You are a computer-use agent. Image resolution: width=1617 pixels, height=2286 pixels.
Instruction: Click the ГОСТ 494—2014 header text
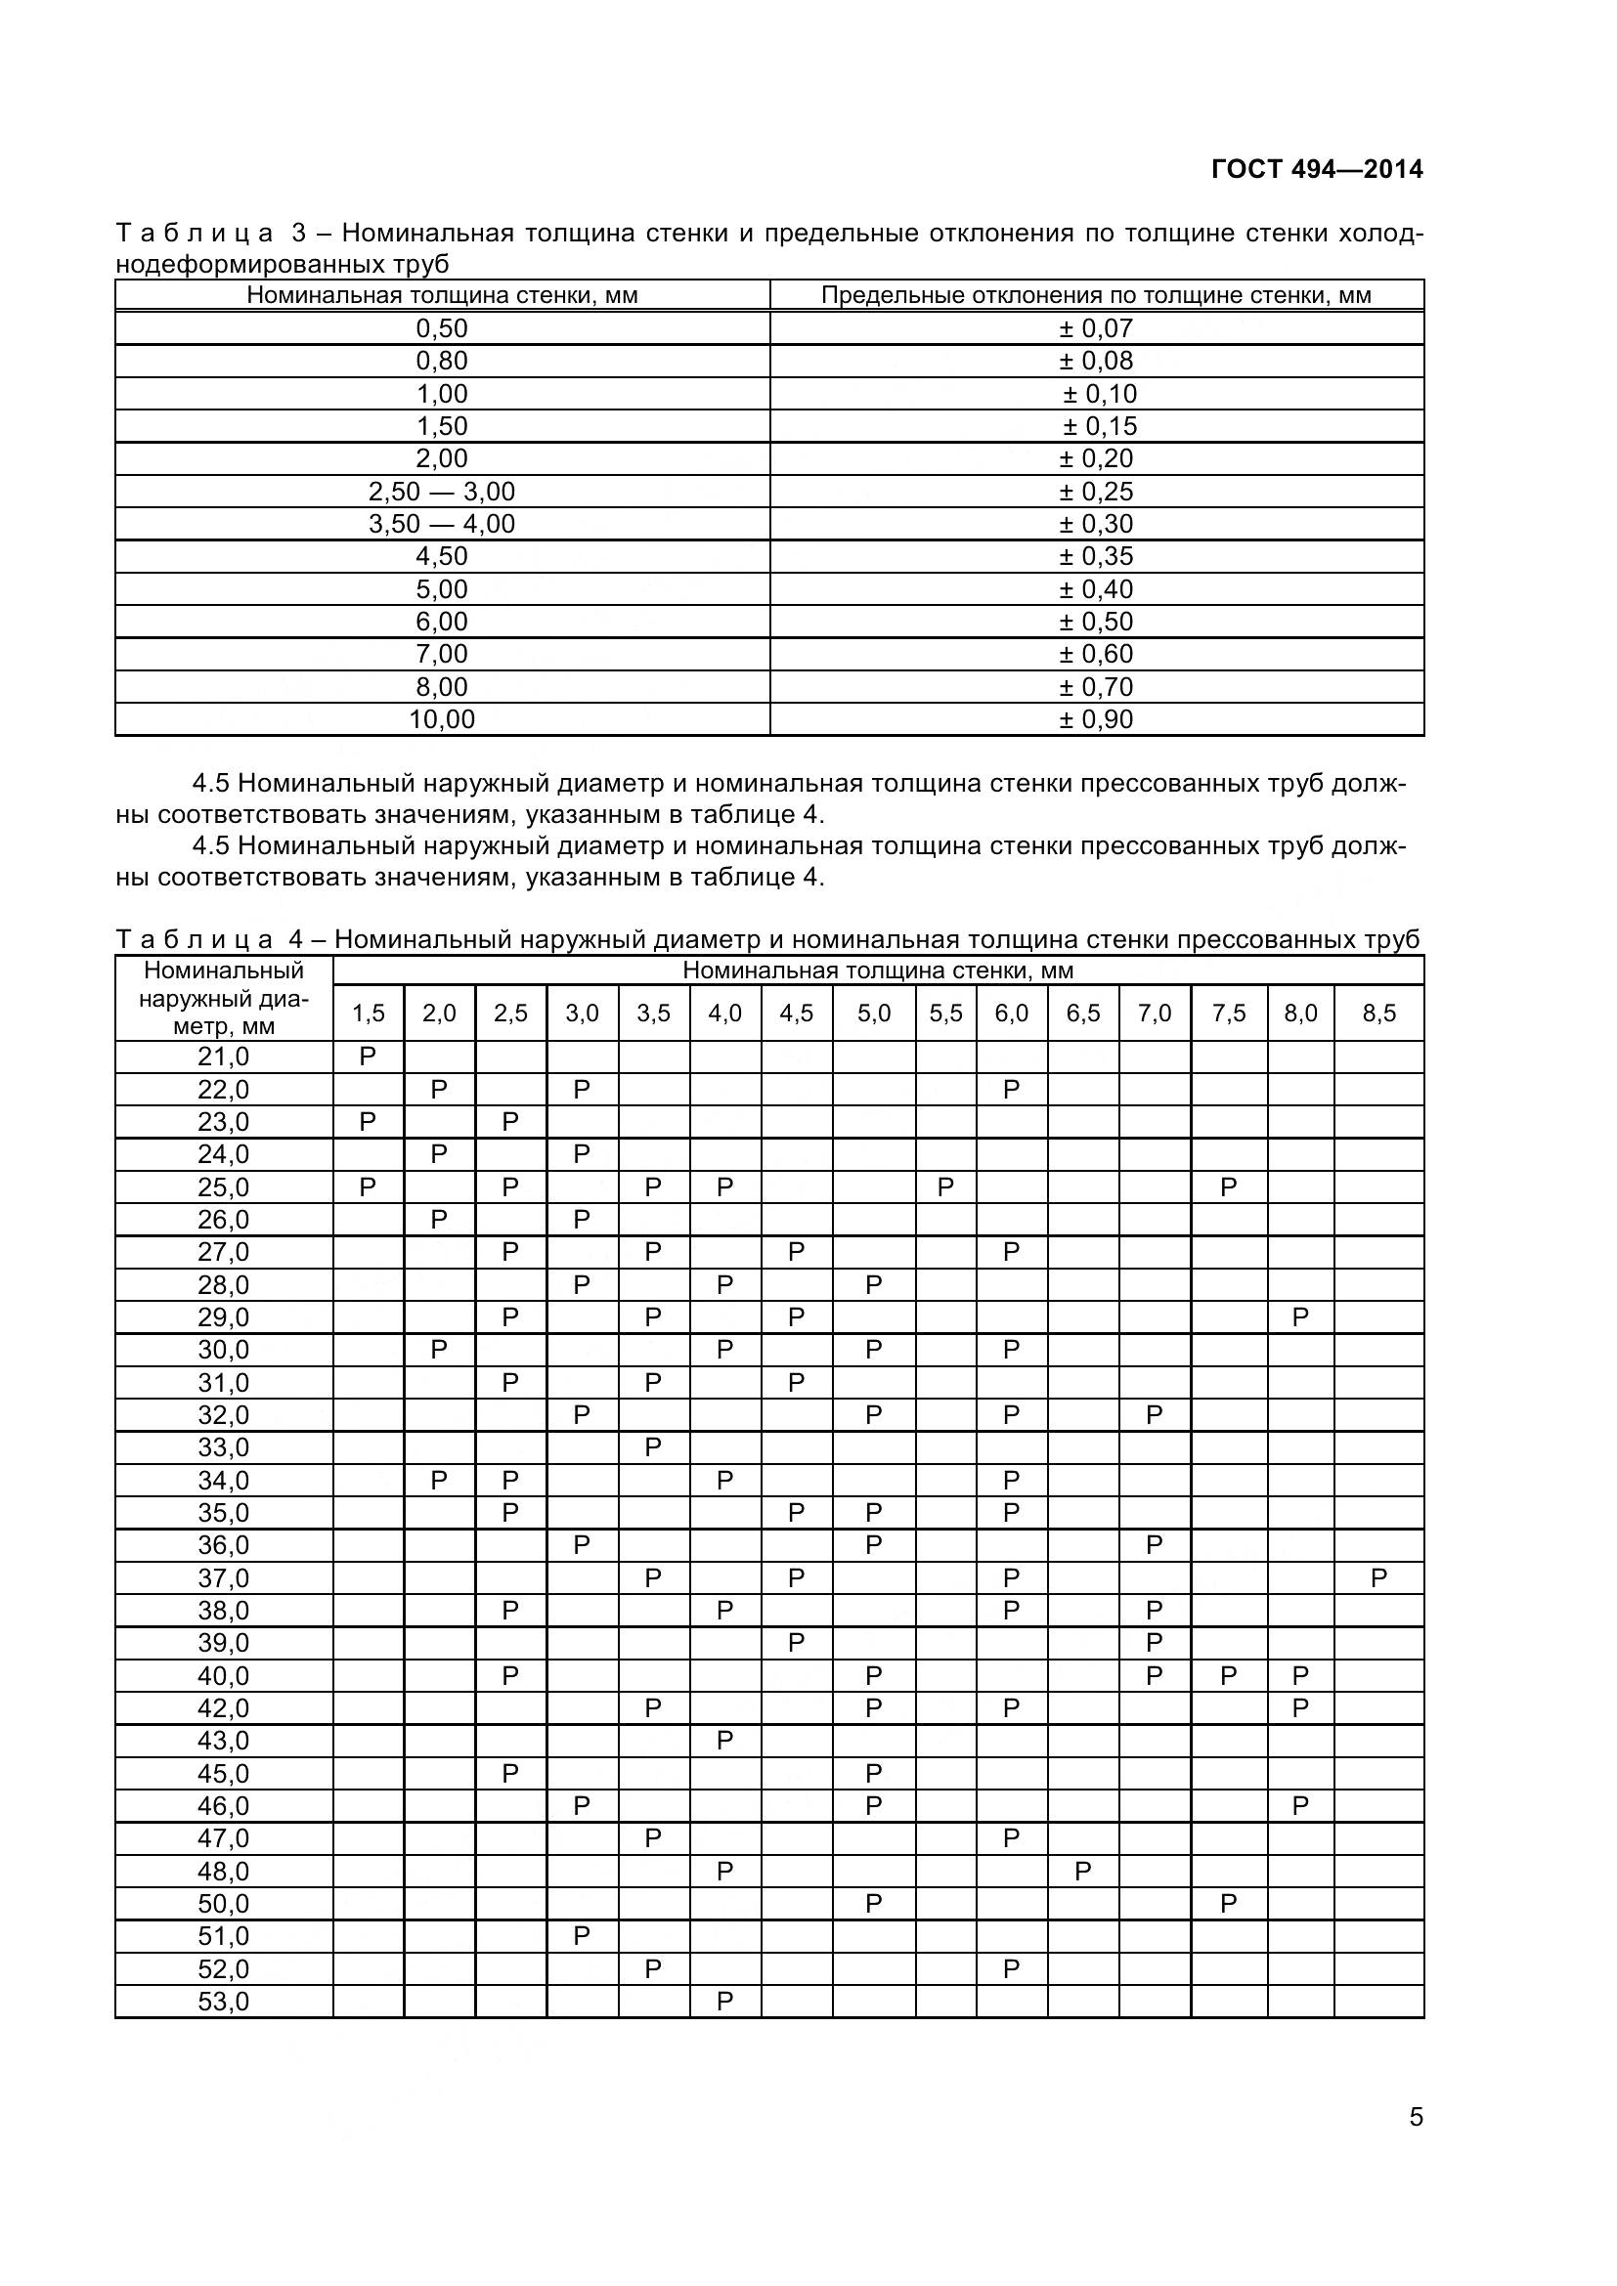pyautogui.click(x=1316, y=169)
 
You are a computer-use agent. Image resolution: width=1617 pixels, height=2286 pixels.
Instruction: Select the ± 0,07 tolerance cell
pyautogui.click(x=1095, y=328)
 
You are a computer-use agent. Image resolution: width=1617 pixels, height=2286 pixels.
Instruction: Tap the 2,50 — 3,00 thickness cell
pyautogui.click(x=441, y=492)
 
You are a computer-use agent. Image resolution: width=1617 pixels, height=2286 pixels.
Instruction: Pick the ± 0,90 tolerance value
pyautogui.click(x=1095, y=720)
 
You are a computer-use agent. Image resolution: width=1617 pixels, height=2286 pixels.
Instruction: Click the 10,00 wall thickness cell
pyautogui.click(x=441, y=720)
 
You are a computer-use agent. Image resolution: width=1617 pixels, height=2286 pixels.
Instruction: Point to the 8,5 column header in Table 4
pyautogui.click(x=1378, y=1014)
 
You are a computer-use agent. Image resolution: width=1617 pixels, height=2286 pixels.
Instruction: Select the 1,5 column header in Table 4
pyautogui.click(x=368, y=1014)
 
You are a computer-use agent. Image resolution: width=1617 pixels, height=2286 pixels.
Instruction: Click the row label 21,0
pyautogui.click(x=223, y=1057)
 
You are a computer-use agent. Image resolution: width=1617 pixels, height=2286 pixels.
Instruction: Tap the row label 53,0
pyautogui.click(x=223, y=2003)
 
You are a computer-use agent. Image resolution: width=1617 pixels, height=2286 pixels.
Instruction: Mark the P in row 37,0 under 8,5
pyautogui.click(x=1378, y=1578)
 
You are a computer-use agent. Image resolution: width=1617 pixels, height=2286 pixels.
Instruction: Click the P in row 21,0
pyautogui.click(x=368, y=1057)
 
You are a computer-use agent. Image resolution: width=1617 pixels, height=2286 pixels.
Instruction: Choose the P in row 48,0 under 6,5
pyautogui.click(x=1082, y=1872)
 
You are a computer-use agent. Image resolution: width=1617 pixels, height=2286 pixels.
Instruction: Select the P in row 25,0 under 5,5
pyautogui.click(x=945, y=1186)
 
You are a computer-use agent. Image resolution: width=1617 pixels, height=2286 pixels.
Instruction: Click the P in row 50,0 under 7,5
pyautogui.click(x=1228, y=1905)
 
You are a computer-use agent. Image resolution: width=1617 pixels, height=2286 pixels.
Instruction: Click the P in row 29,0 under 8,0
pyautogui.click(x=1299, y=1318)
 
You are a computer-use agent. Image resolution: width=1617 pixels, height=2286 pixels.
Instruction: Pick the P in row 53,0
pyautogui.click(x=723, y=2003)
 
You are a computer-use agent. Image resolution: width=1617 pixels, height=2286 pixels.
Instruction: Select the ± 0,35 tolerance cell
pyautogui.click(x=1095, y=556)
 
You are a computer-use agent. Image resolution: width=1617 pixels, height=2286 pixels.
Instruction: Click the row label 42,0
pyautogui.click(x=223, y=1708)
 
